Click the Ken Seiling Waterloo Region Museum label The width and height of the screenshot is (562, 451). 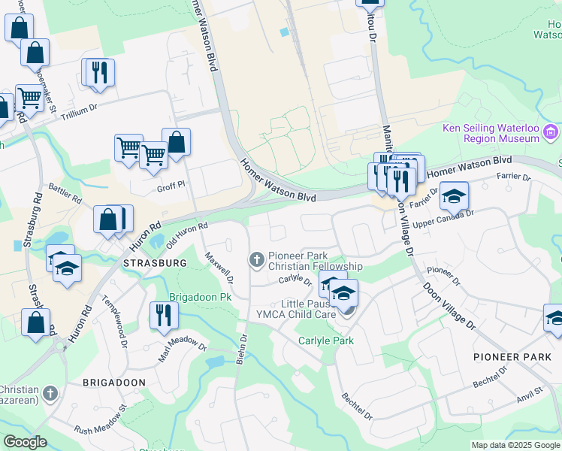tap(491, 133)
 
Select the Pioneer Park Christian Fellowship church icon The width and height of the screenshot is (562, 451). tap(256, 260)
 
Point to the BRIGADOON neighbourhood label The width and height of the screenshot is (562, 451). tap(113, 383)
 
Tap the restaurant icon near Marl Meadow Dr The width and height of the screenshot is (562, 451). tap(162, 316)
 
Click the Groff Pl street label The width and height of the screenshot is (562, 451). tap(171, 186)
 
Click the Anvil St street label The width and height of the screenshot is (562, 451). tap(530, 394)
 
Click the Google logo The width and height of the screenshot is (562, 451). tap(25, 442)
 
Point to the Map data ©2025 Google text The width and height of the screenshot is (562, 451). tap(515, 445)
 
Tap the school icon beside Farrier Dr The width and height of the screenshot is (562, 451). tap(454, 196)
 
